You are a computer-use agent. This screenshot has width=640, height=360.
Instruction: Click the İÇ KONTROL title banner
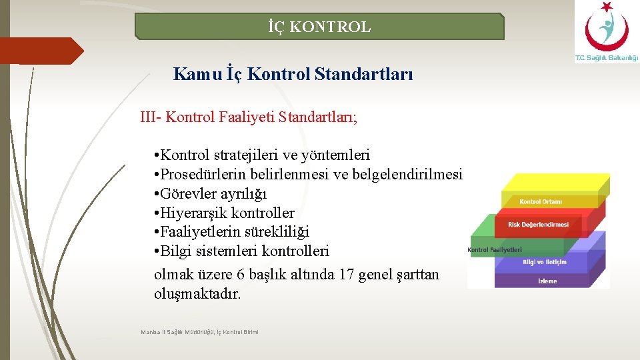pyautogui.click(x=319, y=27)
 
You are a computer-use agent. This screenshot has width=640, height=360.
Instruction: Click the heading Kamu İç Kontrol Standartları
pyautogui.click(x=293, y=74)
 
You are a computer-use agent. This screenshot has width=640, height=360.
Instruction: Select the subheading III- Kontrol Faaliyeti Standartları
pyautogui.click(x=249, y=117)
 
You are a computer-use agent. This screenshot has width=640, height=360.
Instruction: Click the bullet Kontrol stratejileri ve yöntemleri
pyautogui.click(x=261, y=155)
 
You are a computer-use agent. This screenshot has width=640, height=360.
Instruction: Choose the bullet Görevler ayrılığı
pyautogui.click(x=210, y=194)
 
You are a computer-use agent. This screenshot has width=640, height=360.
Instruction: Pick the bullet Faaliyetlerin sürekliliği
pyautogui.click(x=231, y=232)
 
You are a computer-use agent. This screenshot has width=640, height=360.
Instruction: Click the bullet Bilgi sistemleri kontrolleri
pyautogui.click(x=241, y=251)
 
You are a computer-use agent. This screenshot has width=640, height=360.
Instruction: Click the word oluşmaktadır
pyautogui.click(x=197, y=294)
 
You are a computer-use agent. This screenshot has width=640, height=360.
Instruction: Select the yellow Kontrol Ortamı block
pyautogui.click(x=541, y=201)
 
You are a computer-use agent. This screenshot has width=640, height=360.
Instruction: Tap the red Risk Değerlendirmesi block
pyautogui.click(x=538, y=225)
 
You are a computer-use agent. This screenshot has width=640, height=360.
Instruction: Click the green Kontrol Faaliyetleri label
pyautogui.click(x=495, y=250)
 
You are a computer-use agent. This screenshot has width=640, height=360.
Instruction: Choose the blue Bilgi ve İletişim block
pyautogui.click(x=544, y=262)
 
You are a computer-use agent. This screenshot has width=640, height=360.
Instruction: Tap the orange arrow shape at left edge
pyautogui.click(x=40, y=51)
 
